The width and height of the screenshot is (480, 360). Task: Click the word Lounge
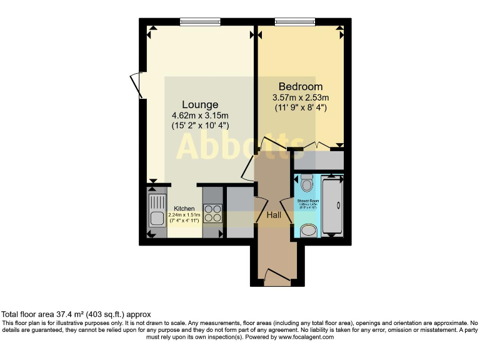coord(200,104)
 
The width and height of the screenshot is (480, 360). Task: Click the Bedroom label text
coord(301,86)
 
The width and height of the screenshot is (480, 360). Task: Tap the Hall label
coord(274,215)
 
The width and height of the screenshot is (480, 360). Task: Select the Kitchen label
coord(184,209)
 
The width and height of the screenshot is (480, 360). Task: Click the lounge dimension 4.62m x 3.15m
coord(200,115)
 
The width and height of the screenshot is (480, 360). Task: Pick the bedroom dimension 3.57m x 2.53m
coord(301,97)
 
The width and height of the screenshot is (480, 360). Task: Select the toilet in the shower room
coord(306,183)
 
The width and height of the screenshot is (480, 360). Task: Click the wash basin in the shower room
coord(307,231)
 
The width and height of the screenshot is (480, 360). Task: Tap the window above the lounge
coord(197,22)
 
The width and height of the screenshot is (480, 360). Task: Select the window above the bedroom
coord(294,22)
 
